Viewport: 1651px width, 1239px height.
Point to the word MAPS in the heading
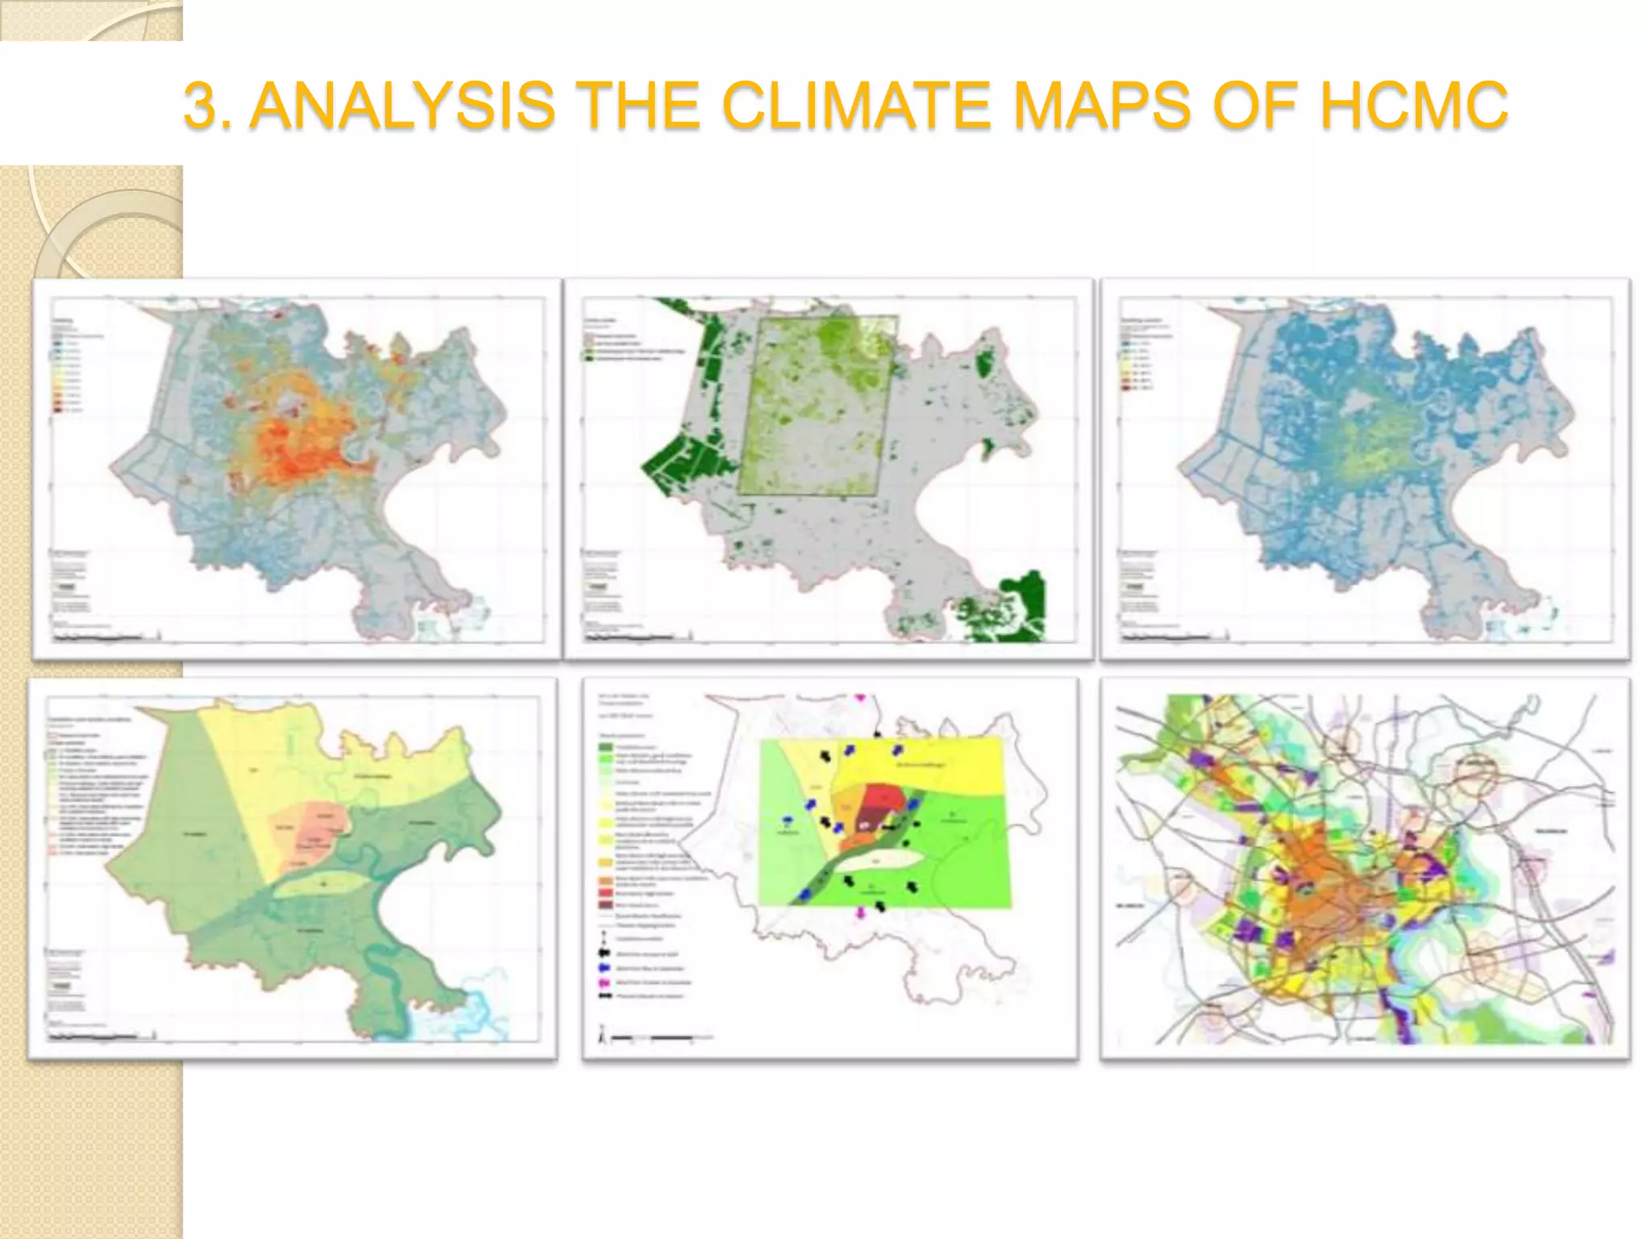[x=1101, y=106]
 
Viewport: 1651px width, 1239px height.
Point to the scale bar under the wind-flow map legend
[x=661, y=1037]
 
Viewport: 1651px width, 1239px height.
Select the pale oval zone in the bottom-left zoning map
[x=322, y=884]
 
